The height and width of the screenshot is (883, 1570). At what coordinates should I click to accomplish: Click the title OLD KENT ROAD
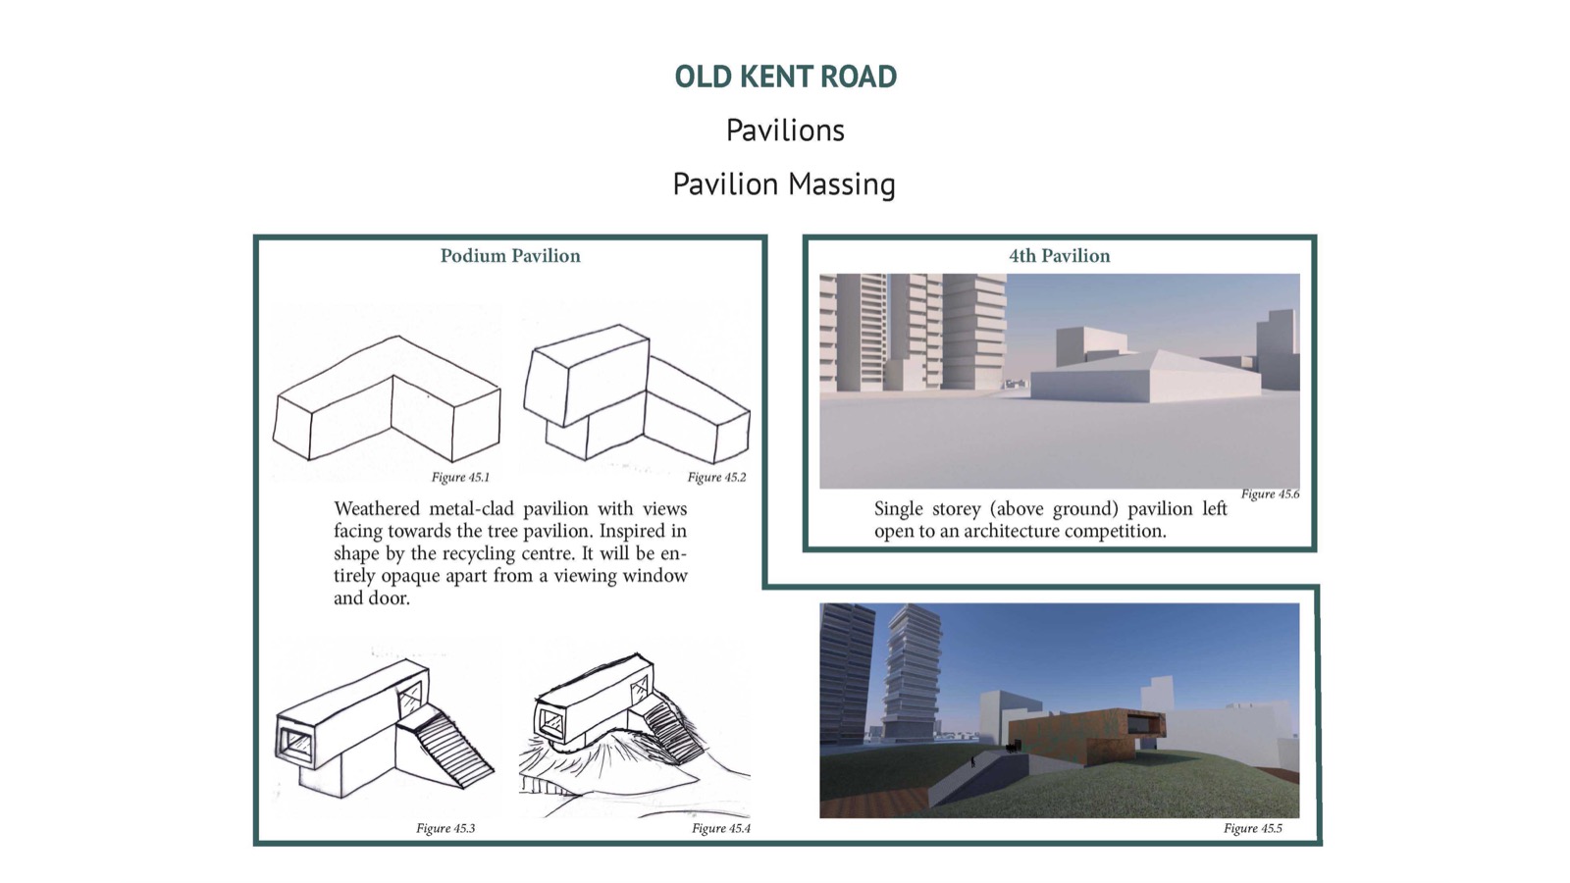[785, 77]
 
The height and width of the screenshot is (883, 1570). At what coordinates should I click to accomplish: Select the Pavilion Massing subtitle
[784, 184]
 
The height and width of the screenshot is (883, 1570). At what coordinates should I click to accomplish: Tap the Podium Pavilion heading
[510, 256]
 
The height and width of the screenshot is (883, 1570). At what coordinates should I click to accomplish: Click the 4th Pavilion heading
[1059, 256]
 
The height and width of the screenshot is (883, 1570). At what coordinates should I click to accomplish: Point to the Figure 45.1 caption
[460, 477]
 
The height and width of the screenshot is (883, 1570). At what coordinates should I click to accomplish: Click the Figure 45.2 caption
[716, 477]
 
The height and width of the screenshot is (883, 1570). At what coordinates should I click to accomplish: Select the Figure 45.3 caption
[445, 828]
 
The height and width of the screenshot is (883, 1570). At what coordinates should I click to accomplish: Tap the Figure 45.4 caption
[720, 828]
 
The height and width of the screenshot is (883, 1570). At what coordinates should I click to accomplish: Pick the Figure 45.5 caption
[1252, 828]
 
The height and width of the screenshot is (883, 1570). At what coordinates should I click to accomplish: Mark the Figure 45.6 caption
[1270, 494]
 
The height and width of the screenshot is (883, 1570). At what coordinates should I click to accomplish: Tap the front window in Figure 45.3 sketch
[297, 744]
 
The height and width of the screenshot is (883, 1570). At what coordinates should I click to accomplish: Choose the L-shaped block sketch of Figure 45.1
[387, 398]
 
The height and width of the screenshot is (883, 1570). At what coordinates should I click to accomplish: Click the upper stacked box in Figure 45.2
[587, 375]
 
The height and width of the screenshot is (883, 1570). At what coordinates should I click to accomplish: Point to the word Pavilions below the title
[785, 130]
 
